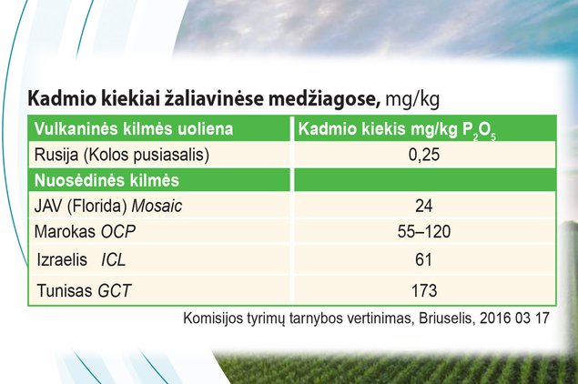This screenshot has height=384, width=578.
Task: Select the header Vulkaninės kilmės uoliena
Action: pos(134,129)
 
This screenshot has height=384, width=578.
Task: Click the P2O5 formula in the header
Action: pos(479,131)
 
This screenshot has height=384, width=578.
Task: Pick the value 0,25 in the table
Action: pos(424,155)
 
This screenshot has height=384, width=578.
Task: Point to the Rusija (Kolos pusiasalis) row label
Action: pos(122,156)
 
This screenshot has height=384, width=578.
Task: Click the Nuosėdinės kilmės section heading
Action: pos(106,180)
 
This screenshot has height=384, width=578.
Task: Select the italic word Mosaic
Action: pos(157,206)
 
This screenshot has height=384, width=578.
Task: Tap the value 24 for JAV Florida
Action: pos(424,206)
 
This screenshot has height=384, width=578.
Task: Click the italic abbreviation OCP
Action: pos(118,231)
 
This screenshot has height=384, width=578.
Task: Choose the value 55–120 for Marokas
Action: pos(424,231)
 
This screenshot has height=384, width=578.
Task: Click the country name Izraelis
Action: pos(62,259)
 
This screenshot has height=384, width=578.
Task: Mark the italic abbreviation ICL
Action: pos(114,260)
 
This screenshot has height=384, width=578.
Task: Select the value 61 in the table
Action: pos(423,260)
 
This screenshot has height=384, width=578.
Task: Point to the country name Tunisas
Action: pos(65,290)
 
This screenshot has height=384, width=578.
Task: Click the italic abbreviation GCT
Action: pos(115,291)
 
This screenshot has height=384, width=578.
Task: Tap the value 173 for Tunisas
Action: pos(424,291)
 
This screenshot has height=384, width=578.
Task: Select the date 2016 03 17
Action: pos(514,318)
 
